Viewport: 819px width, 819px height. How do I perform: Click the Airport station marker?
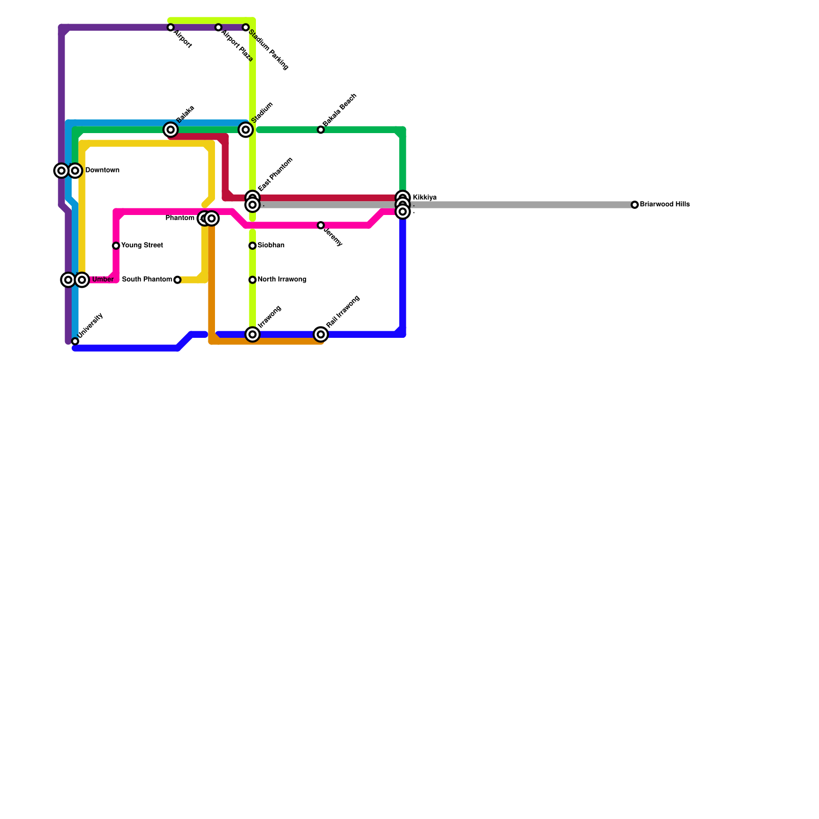point(170,27)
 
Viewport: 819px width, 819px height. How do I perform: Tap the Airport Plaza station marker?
point(219,27)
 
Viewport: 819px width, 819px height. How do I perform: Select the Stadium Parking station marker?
point(246,27)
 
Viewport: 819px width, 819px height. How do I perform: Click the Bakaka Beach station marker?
point(321,130)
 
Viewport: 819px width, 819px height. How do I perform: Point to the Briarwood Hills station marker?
point(635,205)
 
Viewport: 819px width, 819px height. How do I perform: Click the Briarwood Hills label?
point(665,205)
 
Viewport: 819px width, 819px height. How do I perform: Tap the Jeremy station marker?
point(321,225)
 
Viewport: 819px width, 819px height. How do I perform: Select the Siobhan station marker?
point(252,246)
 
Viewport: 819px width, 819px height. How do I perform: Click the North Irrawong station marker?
point(252,280)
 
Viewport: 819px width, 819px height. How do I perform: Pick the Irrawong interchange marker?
point(252,334)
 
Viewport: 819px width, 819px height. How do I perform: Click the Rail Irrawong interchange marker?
point(321,334)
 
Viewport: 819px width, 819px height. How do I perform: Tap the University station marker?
point(75,341)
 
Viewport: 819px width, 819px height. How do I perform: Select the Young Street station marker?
point(116,246)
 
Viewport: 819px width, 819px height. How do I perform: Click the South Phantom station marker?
point(177,280)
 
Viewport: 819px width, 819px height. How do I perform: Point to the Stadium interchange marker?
point(246,130)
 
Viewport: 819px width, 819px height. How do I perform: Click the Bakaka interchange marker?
point(170,130)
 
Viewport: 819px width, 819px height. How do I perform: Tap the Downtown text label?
point(102,170)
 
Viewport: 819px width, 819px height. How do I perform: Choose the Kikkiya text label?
point(424,198)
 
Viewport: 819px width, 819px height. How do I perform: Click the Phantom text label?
point(180,219)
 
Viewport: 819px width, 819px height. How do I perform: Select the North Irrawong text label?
point(282,280)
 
